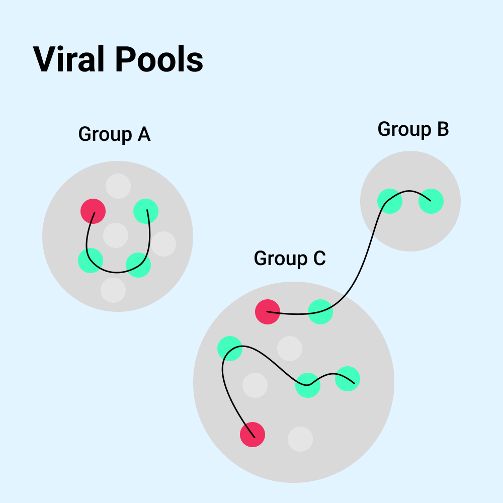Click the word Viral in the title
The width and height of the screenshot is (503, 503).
coord(70,59)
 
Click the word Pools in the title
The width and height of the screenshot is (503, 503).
coord(159,59)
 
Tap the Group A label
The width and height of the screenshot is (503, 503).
coord(115,135)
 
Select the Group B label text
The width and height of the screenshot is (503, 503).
coord(413,130)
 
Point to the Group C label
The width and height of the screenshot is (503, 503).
coord(290,259)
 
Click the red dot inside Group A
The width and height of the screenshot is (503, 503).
coord(93,211)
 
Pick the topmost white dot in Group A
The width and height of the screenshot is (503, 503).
coord(118,186)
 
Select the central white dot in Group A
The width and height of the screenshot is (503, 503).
coord(116,235)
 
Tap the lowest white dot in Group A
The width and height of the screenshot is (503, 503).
coord(113,290)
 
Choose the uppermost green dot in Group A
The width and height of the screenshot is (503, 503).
coord(146,211)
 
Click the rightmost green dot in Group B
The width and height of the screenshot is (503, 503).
coord(431,201)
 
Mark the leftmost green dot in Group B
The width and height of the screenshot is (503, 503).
coord(390,201)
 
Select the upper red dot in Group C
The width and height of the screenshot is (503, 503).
coord(268,312)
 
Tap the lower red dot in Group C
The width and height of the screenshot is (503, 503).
coord(253,435)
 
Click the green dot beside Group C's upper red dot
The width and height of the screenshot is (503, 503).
coord(320,312)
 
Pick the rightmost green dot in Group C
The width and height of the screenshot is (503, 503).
coord(348,379)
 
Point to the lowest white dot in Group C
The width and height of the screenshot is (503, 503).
coord(300,439)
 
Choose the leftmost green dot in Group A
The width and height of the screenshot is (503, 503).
coord(91,261)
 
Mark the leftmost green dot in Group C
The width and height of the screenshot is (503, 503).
coord(230,349)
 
